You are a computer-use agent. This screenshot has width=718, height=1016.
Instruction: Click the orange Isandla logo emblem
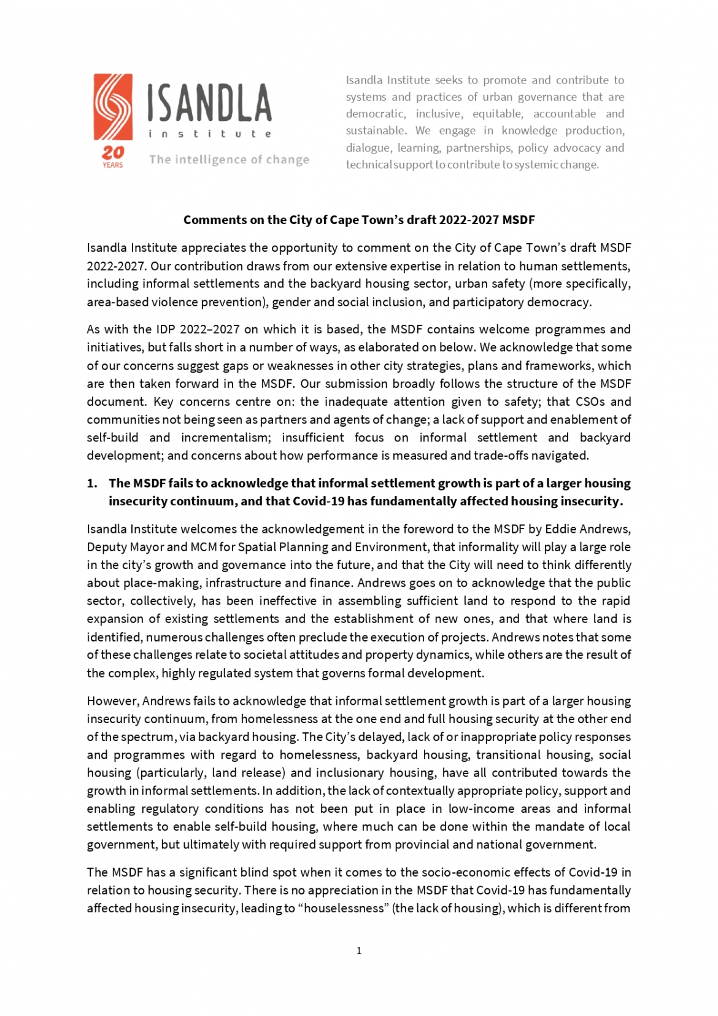tap(113, 107)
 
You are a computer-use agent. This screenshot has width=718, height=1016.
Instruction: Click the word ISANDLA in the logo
tap(209, 103)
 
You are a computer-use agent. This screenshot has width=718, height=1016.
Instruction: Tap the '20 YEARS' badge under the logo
tap(112, 156)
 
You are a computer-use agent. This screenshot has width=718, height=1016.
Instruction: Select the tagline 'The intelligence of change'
tap(229, 160)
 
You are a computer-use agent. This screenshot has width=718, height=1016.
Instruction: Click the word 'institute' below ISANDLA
tap(209, 134)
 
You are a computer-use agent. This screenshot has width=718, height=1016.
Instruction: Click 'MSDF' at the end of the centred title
tap(519, 220)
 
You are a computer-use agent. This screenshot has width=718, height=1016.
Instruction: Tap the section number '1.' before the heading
tap(92, 483)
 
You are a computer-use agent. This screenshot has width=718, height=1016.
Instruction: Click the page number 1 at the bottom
tap(359, 950)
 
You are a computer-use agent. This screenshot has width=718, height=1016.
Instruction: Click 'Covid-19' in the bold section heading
tap(318, 501)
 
